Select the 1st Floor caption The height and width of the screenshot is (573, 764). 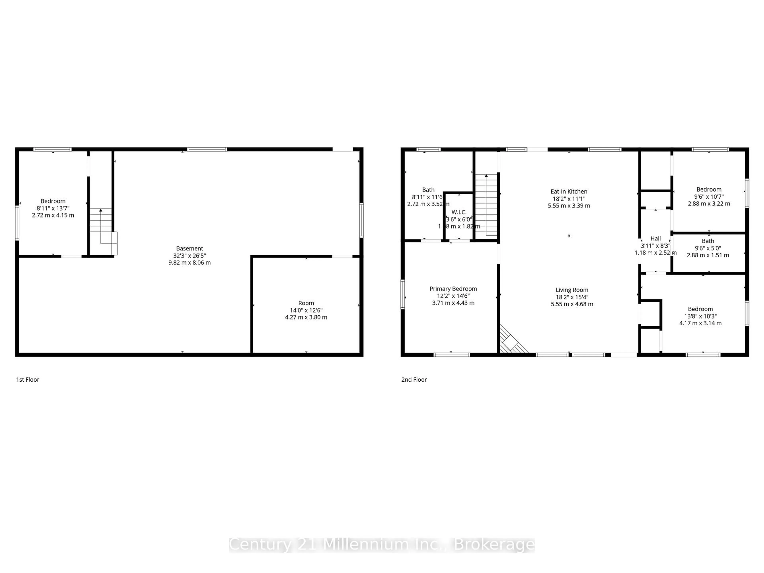(28, 380)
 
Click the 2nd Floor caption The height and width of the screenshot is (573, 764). (414, 380)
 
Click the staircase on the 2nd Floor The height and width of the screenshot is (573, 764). (486, 206)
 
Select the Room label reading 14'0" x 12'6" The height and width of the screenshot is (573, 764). (306, 303)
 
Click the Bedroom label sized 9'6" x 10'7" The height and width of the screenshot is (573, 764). (709, 189)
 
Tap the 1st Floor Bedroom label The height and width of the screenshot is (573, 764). (53, 201)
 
